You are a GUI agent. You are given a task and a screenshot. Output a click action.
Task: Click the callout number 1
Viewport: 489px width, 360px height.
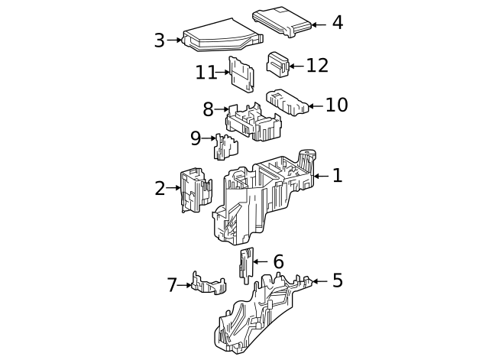click(x=337, y=176)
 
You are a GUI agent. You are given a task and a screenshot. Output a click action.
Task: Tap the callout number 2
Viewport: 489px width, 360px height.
click(x=159, y=188)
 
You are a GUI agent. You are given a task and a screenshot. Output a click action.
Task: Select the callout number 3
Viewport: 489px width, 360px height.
click(x=159, y=41)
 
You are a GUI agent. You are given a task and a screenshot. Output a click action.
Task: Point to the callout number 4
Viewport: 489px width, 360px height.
click(x=337, y=23)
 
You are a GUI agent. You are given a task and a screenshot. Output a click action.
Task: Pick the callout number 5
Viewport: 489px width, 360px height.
click(x=337, y=281)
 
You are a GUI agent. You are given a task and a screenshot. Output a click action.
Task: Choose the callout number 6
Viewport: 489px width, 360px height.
click(x=278, y=262)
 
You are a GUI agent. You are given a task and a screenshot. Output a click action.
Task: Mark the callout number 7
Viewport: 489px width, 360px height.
click(x=172, y=285)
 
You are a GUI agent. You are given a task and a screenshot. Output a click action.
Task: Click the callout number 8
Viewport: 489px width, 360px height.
click(x=208, y=109)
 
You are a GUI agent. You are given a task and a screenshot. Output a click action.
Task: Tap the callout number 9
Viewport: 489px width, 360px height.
click(x=196, y=138)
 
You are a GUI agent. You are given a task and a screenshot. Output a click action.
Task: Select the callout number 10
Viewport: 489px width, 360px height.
click(x=336, y=105)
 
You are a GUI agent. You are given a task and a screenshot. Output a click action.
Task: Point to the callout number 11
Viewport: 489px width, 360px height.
click(x=206, y=73)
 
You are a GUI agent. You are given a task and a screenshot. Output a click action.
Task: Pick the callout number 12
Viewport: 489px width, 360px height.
click(x=317, y=66)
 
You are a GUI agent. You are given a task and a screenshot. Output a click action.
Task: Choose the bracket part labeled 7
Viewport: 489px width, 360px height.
click(x=209, y=284)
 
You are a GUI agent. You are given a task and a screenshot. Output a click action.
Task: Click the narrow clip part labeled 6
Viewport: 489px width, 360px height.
click(x=246, y=264)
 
